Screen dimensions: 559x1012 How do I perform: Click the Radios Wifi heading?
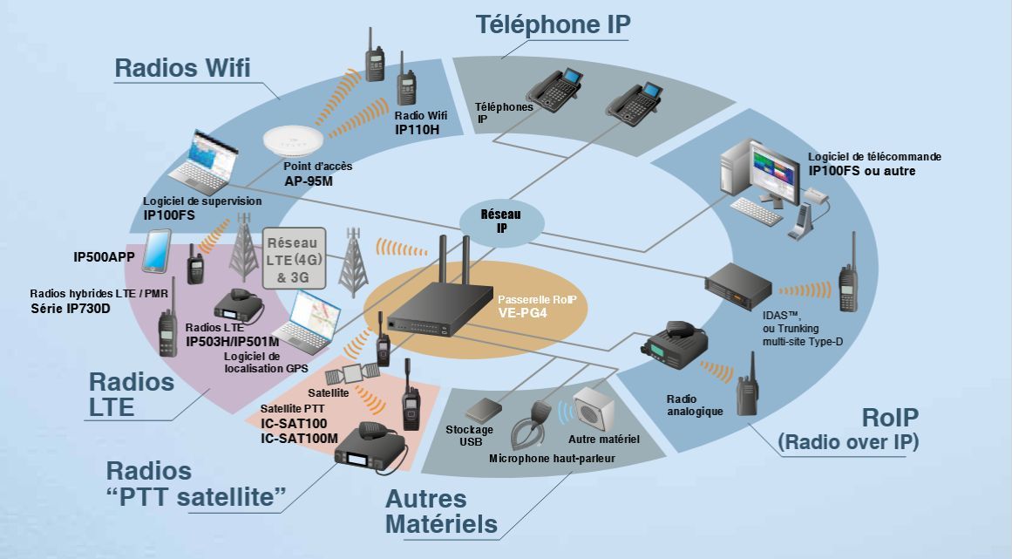click(183, 68)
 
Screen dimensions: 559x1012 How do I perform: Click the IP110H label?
click(417, 129)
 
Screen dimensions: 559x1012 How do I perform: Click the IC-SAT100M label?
click(299, 437)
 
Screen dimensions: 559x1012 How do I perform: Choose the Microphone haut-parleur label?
click(552, 457)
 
